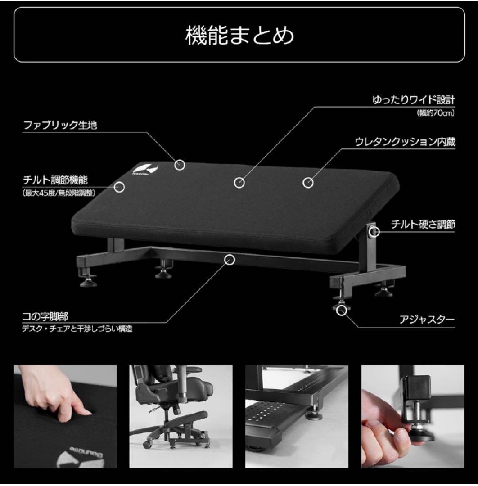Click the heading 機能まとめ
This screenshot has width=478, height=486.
click(239, 36)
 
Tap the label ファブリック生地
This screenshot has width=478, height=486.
click(60, 125)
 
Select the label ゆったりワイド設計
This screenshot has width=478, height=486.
click(414, 100)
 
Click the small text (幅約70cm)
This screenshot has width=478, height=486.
click(435, 113)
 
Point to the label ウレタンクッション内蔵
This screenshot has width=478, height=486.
click(405, 142)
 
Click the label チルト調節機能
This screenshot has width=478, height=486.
click(55, 180)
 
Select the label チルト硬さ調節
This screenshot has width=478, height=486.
click(423, 224)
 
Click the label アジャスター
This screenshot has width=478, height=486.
click(427, 320)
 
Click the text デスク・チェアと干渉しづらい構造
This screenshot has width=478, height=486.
click(77, 329)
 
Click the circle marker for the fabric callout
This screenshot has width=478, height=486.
click(180, 165)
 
